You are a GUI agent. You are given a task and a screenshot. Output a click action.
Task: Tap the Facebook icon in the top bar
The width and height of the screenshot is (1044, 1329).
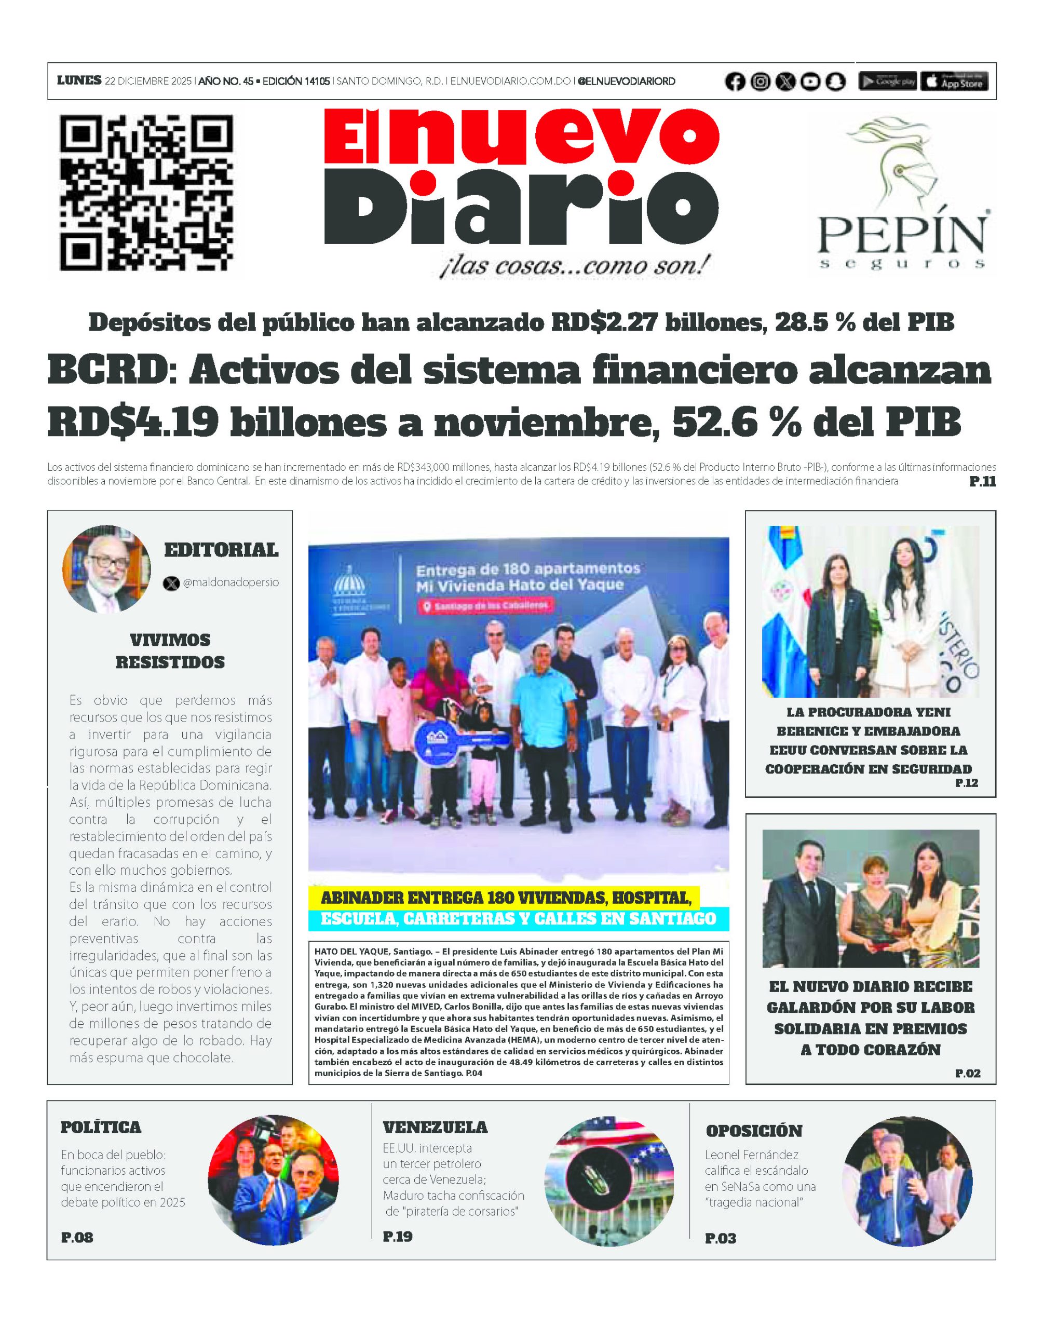point(735,82)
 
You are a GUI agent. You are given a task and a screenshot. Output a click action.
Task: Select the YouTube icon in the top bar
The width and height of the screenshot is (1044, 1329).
point(810,82)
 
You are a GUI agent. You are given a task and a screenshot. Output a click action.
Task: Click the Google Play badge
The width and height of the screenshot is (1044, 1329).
point(888,82)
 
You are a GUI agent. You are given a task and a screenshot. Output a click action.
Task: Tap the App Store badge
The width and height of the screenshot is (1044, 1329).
point(954,82)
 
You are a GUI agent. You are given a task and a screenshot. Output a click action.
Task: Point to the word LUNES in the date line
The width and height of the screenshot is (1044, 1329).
point(79,80)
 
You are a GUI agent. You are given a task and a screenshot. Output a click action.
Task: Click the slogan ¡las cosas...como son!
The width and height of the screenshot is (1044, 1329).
point(574,266)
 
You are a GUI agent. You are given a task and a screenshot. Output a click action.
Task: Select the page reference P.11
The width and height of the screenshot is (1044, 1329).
point(982,482)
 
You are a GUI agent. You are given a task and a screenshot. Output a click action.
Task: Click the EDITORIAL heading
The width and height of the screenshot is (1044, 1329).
point(221,550)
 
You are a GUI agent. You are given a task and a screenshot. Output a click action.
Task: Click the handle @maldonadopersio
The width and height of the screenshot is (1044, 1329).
point(231,582)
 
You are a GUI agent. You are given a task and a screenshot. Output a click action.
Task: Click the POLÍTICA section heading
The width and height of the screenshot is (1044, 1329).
point(101,1127)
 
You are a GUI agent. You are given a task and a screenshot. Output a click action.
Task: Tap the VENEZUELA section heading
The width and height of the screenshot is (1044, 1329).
point(435,1127)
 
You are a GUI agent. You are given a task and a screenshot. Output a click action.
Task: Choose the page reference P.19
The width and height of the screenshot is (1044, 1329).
point(397,1236)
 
